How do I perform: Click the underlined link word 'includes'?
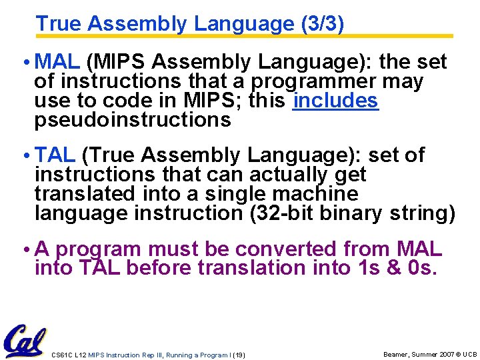pyautogui.click(x=336, y=101)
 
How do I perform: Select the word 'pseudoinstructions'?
pyautogui.click(x=133, y=121)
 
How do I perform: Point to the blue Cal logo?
pyautogui.click(x=25, y=341)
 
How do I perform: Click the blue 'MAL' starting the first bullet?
pyautogui.click(x=57, y=62)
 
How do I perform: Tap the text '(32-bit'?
pyautogui.click(x=283, y=213)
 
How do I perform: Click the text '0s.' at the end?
pyautogui.click(x=425, y=268)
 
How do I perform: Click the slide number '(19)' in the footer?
pyautogui.click(x=239, y=355)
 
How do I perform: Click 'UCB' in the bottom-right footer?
pyautogui.click(x=469, y=354)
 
